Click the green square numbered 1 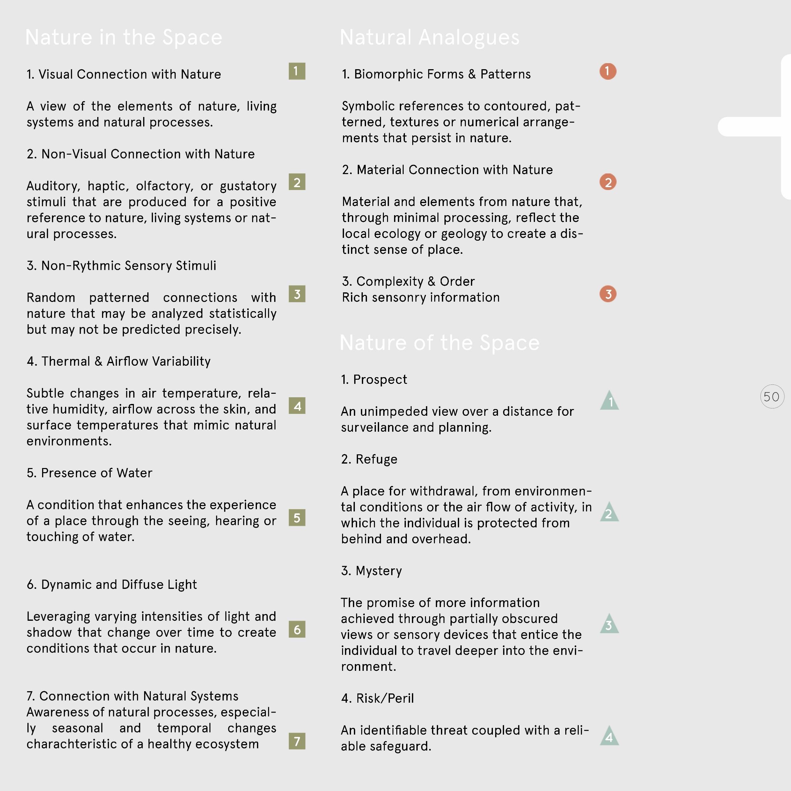coord(297,71)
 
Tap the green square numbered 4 coord(297,406)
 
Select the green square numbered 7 coord(297,741)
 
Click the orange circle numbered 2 coord(608,182)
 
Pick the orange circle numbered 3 coord(608,294)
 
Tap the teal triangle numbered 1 coord(610,401)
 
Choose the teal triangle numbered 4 coord(610,736)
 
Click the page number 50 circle coord(772,396)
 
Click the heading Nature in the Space coord(124,37)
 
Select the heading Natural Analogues coord(429,37)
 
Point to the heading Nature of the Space coord(439,343)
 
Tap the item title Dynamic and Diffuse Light coord(112,585)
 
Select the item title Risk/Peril coord(377,698)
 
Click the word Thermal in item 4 coord(65,361)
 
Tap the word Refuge coord(376,459)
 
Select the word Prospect coord(380,379)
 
